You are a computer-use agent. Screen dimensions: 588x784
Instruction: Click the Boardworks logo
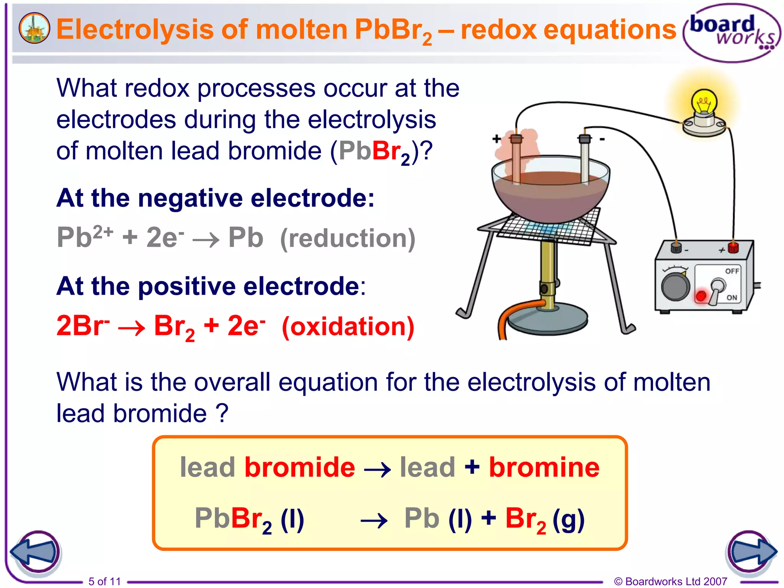(x=732, y=32)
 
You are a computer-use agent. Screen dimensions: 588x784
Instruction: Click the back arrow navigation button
(x=35, y=552)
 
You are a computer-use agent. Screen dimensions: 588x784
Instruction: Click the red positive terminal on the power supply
(x=733, y=248)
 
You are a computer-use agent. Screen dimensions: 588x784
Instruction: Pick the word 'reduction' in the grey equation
(x=348, y=238)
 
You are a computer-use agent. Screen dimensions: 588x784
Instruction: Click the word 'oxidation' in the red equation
(x=348, y=327)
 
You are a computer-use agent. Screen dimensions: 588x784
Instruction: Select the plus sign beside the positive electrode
(x=497, y=139)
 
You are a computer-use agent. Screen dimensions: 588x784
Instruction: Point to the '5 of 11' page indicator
(x=105, y=581)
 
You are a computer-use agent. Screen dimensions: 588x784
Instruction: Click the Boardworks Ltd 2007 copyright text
(x=670, y=581)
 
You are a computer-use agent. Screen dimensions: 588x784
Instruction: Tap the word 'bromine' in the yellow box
(x=544, y=467)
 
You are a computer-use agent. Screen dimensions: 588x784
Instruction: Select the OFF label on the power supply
(x=732, y=271)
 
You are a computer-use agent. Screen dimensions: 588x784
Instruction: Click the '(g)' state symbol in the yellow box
(x=568, y=519)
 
